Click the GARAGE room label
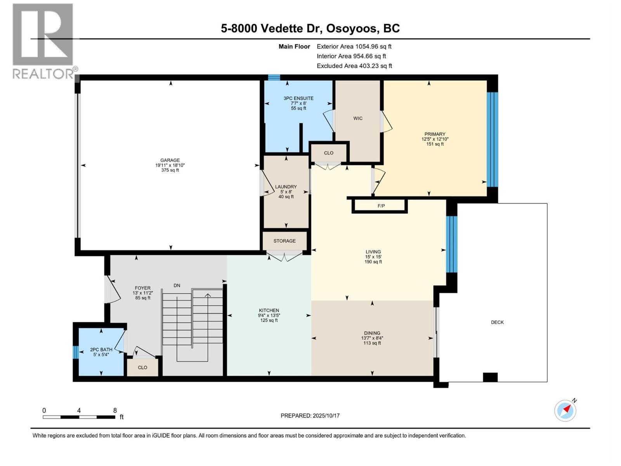(x=170, y=160)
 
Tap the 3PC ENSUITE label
(x=298, y=98)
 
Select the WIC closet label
(x=358, y=118)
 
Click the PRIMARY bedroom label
(x=435, y=134)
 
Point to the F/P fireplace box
(x=381, y=206)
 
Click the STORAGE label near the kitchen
(x=284, y=241)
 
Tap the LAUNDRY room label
(x=286, y=187)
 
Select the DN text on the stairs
(x=177, y=285)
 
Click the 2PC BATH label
(x=101, y=349)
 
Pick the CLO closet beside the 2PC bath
(x=142, y=367)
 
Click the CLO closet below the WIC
(x=329, y=153)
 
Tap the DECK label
(x=497, y=322)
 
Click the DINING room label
(x=372, y=333)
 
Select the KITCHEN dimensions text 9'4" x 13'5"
(x=269, y=315)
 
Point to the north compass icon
(x=565, y=410)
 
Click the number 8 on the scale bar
(x=115, y=410)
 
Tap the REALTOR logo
(x=43, y=41)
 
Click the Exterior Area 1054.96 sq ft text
(x=354, y=47)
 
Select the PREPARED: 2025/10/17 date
(x=310, y=416)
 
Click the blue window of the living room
(x=451, y=244)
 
